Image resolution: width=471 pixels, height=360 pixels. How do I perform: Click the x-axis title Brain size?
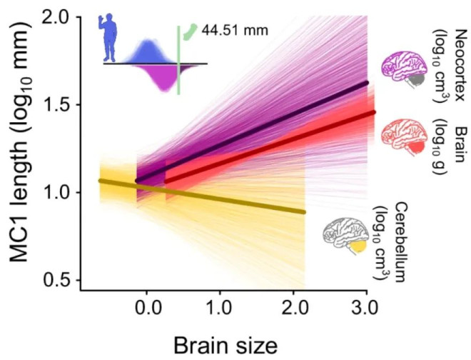[x=224, y=345]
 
